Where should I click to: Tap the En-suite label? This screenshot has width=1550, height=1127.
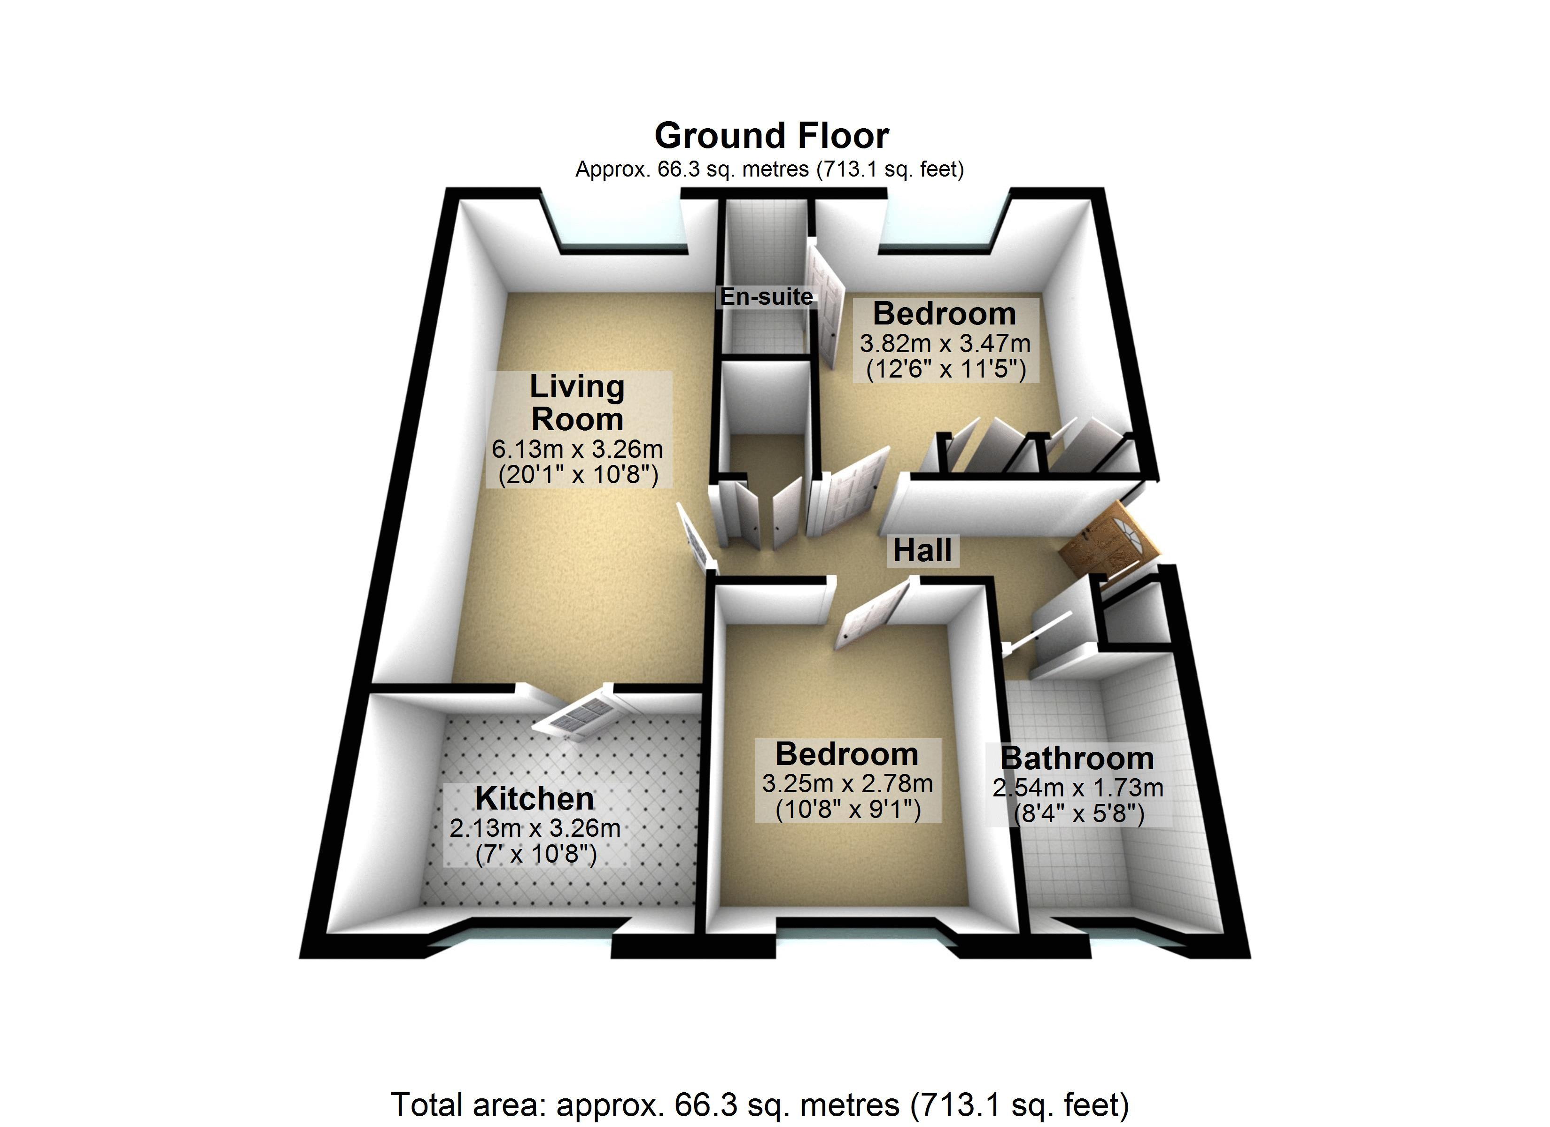[x=766, y=297]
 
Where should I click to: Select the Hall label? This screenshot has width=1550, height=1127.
[x=922, y=550]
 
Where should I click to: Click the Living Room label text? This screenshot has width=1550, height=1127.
[x=577, y=403]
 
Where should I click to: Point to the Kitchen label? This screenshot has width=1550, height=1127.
[x=535, y=798]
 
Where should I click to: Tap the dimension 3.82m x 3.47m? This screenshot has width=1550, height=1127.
[x=945, y=343]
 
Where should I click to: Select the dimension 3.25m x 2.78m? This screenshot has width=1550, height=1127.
[x=847, y=783]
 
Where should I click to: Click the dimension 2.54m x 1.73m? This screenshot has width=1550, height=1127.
[x=1078, y=788]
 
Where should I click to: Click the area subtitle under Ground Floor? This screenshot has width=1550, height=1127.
[x=769, y=169]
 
